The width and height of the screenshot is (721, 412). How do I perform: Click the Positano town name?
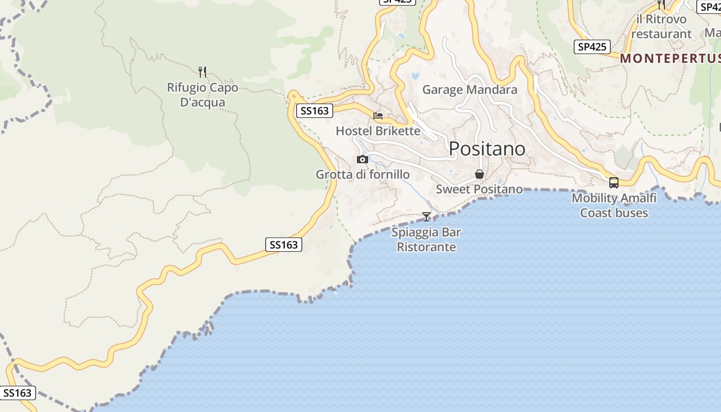(x=487, y=149)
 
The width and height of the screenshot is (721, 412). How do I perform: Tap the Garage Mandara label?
(x=470, y=90)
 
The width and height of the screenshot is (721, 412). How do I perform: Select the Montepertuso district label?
(x=669, y=58)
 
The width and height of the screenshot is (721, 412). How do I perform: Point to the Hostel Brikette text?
(x=378, y=131)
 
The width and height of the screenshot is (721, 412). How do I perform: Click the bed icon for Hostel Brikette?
(x=378, y=116)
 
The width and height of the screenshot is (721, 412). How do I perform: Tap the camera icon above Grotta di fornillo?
(x=363, y=159)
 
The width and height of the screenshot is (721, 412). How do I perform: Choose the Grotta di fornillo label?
(x=363, y=175)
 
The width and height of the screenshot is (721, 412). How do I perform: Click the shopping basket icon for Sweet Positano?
(x=479, y=174)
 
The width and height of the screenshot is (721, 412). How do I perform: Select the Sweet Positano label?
(x=479, y=189)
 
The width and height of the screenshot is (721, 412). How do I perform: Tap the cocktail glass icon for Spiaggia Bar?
(x=426, y=216)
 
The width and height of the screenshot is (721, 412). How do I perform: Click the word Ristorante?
(x=426, y=247)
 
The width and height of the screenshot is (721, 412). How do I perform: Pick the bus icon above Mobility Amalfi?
(x=614, y=182)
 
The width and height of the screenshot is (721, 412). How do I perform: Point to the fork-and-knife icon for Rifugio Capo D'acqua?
(x=202, y=72)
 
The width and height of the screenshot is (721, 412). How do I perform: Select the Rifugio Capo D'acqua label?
(x=202, y=95)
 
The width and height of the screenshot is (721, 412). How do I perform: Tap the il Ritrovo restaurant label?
(x=661, y=27)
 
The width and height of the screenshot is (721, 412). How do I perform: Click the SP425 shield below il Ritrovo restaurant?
(x=592, y=47)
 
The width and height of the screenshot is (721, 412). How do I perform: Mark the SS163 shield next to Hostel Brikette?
(x=314, y=111)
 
